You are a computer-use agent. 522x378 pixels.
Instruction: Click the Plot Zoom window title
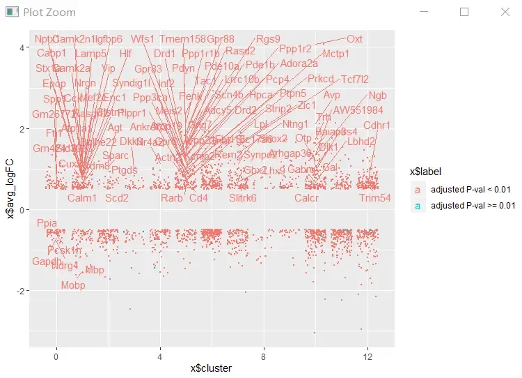(x=49, y=12)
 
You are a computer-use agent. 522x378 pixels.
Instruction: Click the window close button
(x=505, y=12)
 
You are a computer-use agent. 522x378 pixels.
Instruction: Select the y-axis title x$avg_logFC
(x=10, y=188)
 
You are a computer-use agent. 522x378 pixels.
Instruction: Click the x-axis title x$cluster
(x=212, y=368)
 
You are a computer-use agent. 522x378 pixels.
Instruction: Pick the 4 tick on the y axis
(x=22, y=47)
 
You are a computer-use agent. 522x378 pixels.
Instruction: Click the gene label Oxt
(x=354, y=39)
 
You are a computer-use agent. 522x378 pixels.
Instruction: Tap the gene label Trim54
(x=375, y=198)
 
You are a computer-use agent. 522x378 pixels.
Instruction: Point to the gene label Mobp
(x=73, y=285)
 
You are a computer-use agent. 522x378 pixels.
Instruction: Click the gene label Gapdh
(x=47, y=262)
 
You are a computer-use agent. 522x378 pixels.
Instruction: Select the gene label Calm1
(x=82, y=198)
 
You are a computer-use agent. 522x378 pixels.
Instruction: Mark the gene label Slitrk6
(x=243, y=198)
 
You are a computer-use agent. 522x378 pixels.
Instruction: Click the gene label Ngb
(x=378, y=96)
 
